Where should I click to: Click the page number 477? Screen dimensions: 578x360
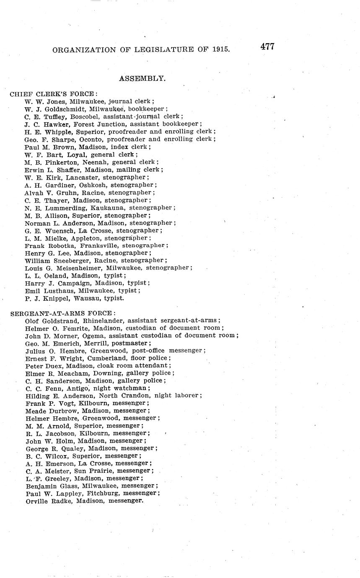coord(267,46)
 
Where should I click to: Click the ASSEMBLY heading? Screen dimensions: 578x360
coord(142,78)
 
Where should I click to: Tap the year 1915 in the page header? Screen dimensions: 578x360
coord(220,49)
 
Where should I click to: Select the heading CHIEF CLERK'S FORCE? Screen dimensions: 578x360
coord(54,94)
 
